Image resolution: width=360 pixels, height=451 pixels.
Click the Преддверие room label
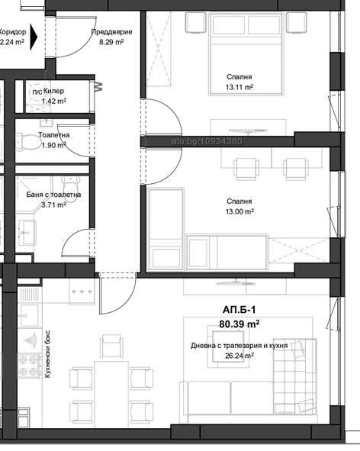(x=112, y=32)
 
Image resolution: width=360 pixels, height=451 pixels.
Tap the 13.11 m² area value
(x=239, y=87)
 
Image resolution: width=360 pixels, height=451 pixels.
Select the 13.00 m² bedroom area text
(x=239, y=211)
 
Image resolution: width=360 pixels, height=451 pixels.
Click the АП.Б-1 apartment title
(x=239, y=310)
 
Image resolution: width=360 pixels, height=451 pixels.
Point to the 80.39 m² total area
(x=239, y=324)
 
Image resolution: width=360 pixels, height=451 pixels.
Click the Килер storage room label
(x=53, y=91)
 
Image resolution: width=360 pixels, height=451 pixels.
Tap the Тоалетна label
(x=54, y=134)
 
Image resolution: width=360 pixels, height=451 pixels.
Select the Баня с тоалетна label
(x=53, y=195)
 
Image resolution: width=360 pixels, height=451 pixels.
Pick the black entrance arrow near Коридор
(x=34, y=37)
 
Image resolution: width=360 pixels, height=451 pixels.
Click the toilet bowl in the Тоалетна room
(x=28, y=141)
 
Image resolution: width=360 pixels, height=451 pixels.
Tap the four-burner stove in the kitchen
(x=30, y=365)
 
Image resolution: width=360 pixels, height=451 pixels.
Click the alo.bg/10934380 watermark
(x=207, y=141)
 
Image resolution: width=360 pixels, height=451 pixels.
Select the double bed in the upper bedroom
(x=246, y=53)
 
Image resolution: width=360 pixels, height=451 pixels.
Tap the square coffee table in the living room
(x=228, y=346)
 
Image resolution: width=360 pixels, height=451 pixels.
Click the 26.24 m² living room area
(x=239, y=356)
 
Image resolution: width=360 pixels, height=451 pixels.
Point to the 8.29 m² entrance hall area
(x=111, y=42)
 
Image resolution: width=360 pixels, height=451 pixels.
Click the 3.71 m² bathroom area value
(x=53, y=205)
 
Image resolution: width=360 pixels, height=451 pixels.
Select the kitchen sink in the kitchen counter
(x=29, y=316)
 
